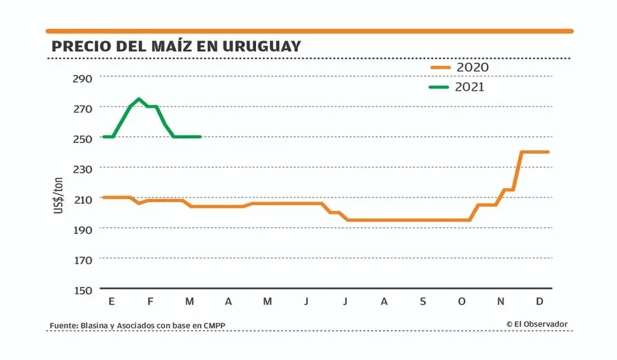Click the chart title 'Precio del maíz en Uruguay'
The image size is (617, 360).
pyautogui.click(x=176, y=46)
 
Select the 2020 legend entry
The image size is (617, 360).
pyautogui.click(x=459, y=67)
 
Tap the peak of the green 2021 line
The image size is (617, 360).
pyautogui.click(x=139, y=99)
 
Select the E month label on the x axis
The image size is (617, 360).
pyautogui.click(x=111, y=301)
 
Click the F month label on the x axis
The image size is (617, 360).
pyautogui.click(x=151, y=301)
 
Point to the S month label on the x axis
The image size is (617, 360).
pyautogui.click(x=422, y=301)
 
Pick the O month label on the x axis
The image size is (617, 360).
pyautogui.click(x=462, y=301)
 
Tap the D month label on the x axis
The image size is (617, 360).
pyautogui.click(x=539, y=301)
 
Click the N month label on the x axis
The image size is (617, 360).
pyautogui.click(x=501, y=301)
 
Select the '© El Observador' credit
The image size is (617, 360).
pyautogui.click(x=537, y=324)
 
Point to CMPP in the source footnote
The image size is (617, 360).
pyautogui.click(x=215, y=326)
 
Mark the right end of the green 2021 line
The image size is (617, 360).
pyautogui.click(x=200, y=137)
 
